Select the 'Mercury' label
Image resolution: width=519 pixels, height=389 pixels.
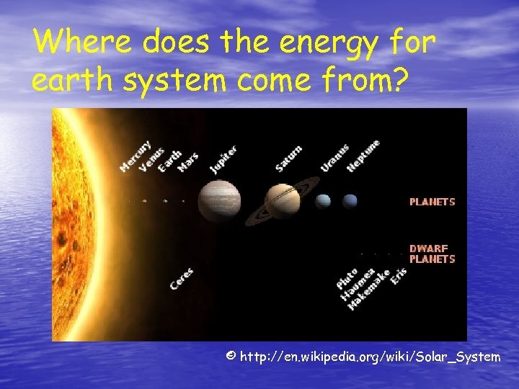coord(136,155)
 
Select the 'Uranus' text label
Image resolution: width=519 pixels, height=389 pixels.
coord(334,158)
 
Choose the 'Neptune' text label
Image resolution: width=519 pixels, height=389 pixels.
coord(363,155)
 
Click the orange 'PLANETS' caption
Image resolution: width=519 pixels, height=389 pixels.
coord(432,202)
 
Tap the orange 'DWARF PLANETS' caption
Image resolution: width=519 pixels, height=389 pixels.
coord(432,254)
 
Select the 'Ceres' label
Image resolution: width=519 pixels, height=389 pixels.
coord(181,279)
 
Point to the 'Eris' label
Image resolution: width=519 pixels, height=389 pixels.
coord(399,274)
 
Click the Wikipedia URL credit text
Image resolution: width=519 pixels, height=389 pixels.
coord(370,357)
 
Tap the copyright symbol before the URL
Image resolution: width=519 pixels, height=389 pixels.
coord(230,357)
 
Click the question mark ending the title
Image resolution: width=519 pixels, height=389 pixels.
coord(398,81)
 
